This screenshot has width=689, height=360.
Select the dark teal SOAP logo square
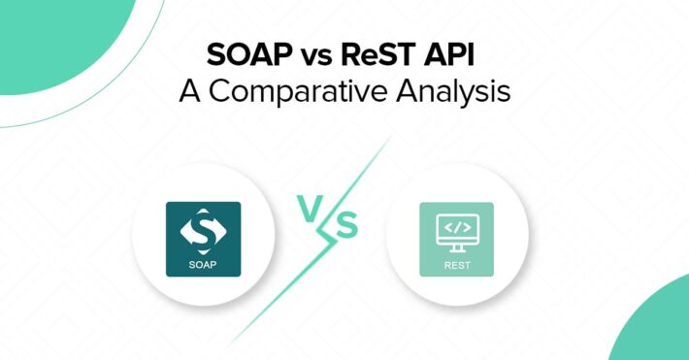tap(203, 239)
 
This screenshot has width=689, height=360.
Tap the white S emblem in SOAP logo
tap(203, 231)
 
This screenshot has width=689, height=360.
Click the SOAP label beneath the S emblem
tap(203, 263)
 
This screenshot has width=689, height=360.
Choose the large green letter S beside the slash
tap(346, 227)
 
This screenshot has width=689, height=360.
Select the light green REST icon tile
tap(456, 239)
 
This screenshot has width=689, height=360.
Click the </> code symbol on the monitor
tap(456, 229)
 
